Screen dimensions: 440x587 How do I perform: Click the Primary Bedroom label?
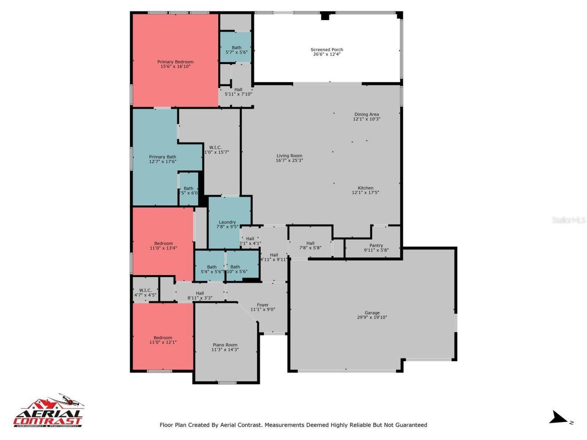coord(175,62)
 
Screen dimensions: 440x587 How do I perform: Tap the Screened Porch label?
coord(327,49)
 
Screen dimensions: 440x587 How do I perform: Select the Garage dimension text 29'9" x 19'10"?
coord(372,317)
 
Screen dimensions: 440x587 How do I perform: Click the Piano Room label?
coord(225,345)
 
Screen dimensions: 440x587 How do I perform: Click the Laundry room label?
coord(227,222)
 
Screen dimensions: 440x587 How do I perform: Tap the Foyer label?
coord(263,305)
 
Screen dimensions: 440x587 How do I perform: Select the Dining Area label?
coord(366,115)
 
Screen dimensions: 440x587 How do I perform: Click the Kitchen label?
coord(365,188)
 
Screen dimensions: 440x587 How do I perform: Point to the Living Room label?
coord(289,156)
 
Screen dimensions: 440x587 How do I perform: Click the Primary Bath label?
coord(162,157)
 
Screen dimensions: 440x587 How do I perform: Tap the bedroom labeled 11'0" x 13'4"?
coord(163,246)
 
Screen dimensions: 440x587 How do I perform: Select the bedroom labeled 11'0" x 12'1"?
coord(163,340)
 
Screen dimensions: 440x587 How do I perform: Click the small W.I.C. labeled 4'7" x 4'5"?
coord(145,292)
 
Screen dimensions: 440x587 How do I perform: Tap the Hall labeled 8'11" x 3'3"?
coord(200,296)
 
